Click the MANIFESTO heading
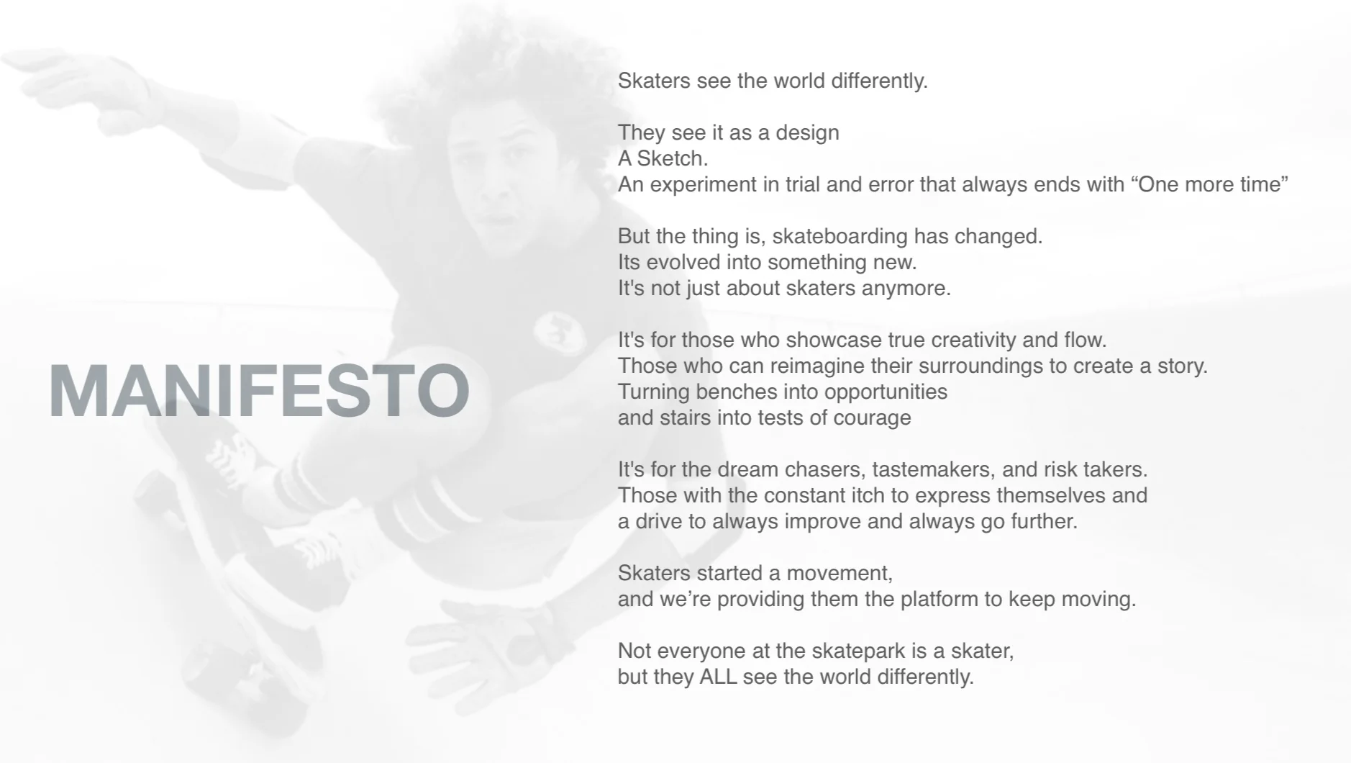click(x=259, y=390)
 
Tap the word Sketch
click(x=672, y=158)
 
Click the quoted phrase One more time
click(x=1209, y=184)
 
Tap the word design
click(x=807, y=133)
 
